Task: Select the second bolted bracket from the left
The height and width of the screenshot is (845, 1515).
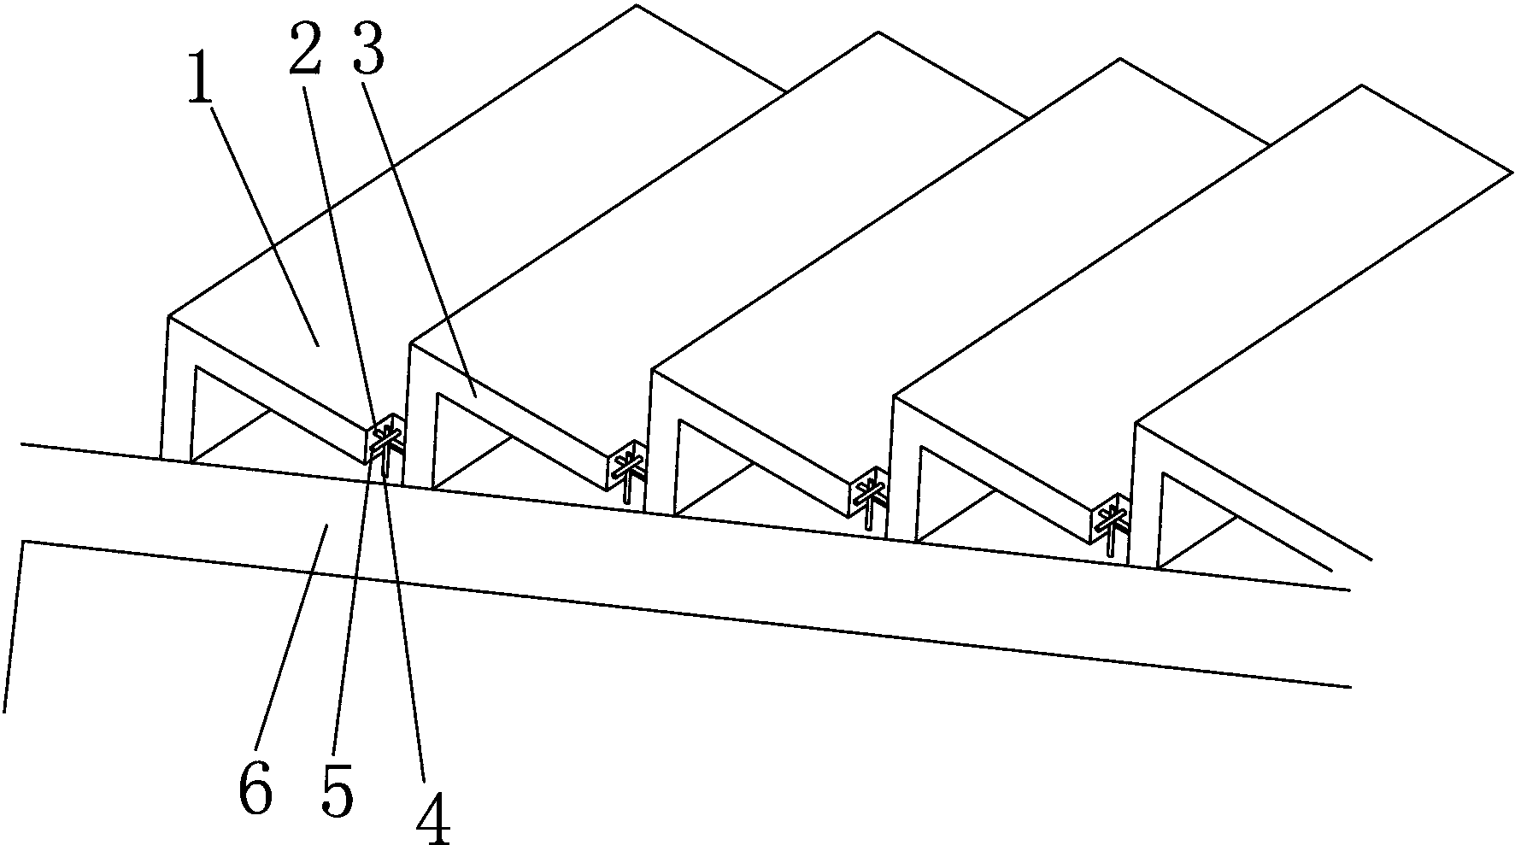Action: (x=628, y=472)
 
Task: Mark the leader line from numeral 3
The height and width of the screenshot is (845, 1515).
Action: (x=419, y=235)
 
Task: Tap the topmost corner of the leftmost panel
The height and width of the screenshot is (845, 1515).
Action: (x=637, y=5)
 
